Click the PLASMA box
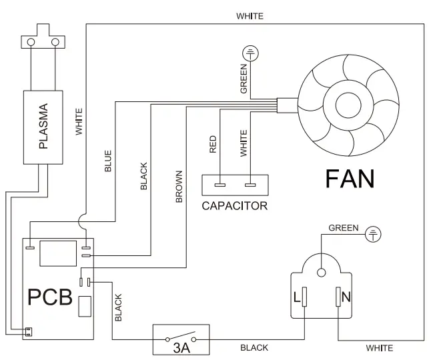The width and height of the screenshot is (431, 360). tap(44, 127)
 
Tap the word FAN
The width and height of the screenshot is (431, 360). tap(350, 179)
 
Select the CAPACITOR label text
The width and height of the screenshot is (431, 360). tap(234, 205)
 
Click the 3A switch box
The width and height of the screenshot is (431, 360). tap(181, 339)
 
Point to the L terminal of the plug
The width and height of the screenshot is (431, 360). tap(304, 296)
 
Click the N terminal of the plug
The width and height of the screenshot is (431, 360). tap(338, 296)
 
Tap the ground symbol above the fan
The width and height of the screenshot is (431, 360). tap(250, 52)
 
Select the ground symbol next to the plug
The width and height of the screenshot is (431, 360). tap(375, 233)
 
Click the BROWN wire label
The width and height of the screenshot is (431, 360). tap(179, 187)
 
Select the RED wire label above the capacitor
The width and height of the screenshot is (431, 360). tap(213, 145)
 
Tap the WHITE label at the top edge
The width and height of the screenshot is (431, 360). tap(250, 15)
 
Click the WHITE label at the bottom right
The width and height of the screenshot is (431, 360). tap(379, 348)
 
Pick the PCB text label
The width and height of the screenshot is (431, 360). tap(49, 297)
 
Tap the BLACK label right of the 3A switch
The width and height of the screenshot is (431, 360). tap(254, 348)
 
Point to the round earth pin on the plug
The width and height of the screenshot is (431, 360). tap(321, 272)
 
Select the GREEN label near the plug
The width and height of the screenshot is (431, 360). tap(344, 228)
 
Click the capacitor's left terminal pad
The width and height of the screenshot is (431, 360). tap(218, 185)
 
